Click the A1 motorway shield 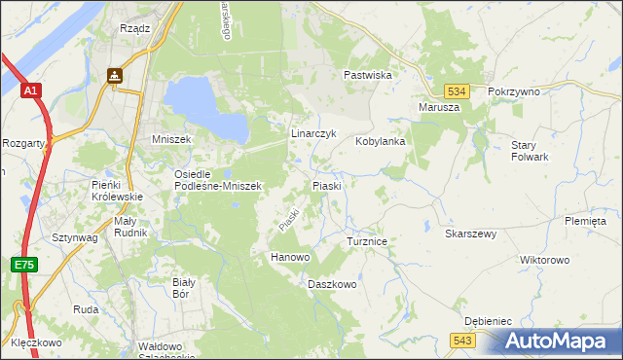(x=31, y=90)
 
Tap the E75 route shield (x=23, y=265)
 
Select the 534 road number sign (x=459, y=90)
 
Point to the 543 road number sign (x=462, y=339)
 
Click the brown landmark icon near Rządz (x=115, y=74)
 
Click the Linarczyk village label (x=313, y=133)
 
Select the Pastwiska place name (x=367, y=75)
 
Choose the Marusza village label (x=438, y=107)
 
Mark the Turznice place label (x=368, y=240)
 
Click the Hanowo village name (x=289, y=257)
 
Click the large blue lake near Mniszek (x=207, y=107)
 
